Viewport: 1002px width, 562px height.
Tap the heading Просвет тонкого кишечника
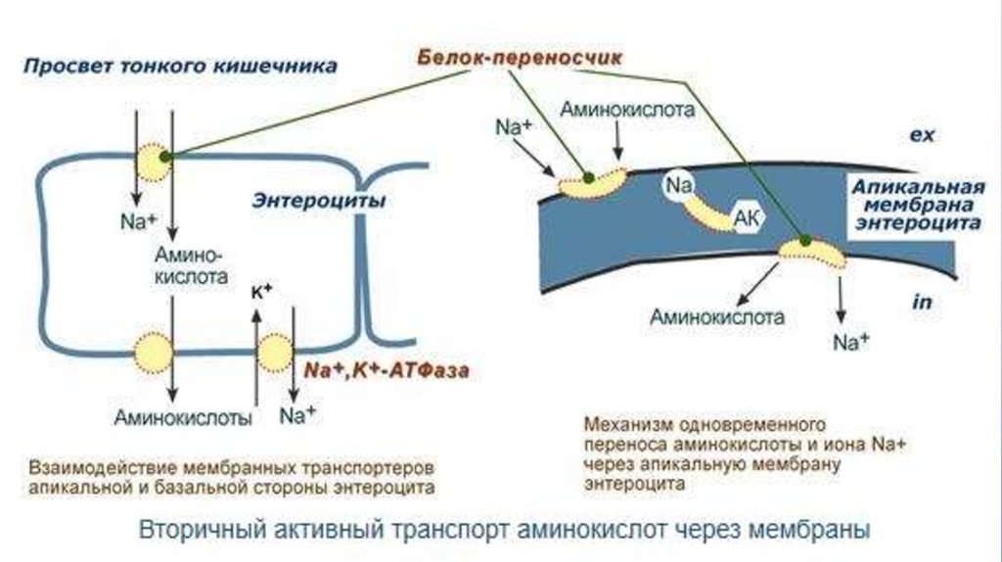point(181,67)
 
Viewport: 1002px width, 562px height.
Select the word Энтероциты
point(318,200)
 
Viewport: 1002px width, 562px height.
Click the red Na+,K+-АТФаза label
point(387,371)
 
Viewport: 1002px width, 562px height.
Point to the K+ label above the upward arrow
point(261,291)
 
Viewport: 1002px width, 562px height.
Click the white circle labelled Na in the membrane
point(679,186)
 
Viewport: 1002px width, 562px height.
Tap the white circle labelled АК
point(747,217)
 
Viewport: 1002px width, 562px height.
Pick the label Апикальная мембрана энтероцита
point(915,205)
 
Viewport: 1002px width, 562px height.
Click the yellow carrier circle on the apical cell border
point(154,163)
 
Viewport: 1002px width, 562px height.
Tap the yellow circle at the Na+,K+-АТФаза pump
point(275,352)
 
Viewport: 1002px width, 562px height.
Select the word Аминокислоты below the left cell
point(184,416)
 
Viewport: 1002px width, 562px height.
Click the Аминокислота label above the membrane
point(627,111)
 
